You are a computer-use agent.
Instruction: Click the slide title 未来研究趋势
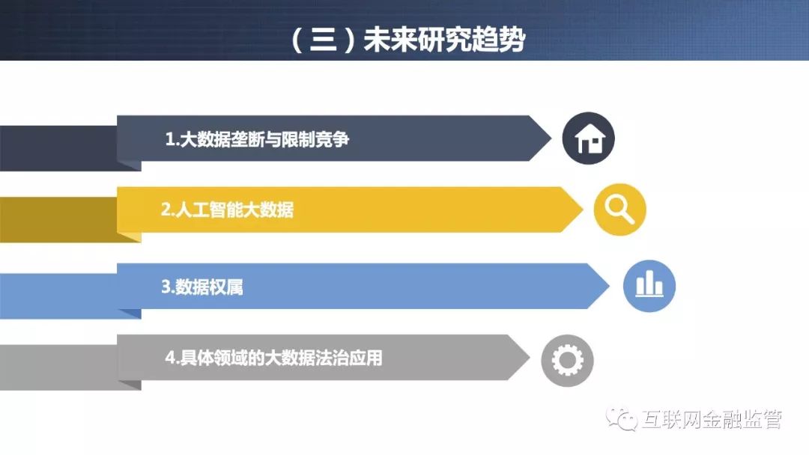[x=444, y=40]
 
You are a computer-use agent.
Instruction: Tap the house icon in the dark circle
[x=589, y=138]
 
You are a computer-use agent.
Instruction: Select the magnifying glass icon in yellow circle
[x=619, y=210]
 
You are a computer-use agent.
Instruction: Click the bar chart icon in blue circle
[x=649, y=285]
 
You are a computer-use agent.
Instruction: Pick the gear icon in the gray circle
[x=568, y=360]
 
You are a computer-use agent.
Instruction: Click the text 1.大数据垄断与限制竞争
[x=257, y=139]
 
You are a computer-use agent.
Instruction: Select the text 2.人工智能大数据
[x=227, y=210]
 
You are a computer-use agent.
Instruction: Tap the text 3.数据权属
[x=202, y=287]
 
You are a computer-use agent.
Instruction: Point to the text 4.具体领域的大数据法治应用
[x=273, y=358]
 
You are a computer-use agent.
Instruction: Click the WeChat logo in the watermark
[x=622, y=419]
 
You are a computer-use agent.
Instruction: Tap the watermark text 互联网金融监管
[x=712, y=419]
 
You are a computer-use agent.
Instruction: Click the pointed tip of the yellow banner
[x=583, y=210]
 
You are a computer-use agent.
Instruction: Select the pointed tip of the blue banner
[x=609, y=286]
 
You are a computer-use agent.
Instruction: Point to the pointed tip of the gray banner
[x=530, y=357]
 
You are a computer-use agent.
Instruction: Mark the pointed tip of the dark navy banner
[x=551, y=138]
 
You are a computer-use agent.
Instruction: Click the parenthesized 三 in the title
[x=324, y=40]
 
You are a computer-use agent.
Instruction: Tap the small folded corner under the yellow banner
[x=130, y=236]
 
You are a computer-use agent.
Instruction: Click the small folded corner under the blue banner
[x=130, y=314]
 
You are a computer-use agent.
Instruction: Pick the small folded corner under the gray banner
[x=130, y=385]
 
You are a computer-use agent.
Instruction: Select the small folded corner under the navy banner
[x=130, y=165]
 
